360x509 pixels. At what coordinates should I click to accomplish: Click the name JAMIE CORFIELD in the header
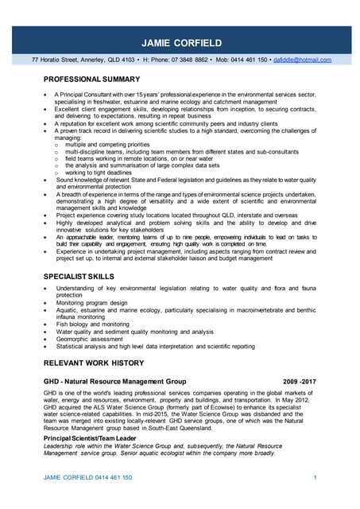[x=180, y=41]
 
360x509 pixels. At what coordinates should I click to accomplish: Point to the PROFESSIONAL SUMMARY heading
[x=91, y=79]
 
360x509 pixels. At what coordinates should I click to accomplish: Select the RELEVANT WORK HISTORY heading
[x=93, y=362]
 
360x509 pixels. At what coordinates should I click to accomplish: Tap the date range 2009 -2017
[x=300, y=383]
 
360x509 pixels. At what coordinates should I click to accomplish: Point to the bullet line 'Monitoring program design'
[x=91, y=303]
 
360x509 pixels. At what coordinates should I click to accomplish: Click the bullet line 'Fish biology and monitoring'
[x=92, y=324]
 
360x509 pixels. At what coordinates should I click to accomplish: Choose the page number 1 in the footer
[x=315, y=477]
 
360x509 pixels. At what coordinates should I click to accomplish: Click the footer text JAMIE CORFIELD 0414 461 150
[x=87, y=477]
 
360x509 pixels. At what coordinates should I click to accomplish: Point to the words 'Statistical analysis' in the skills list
[x=84, y=346]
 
